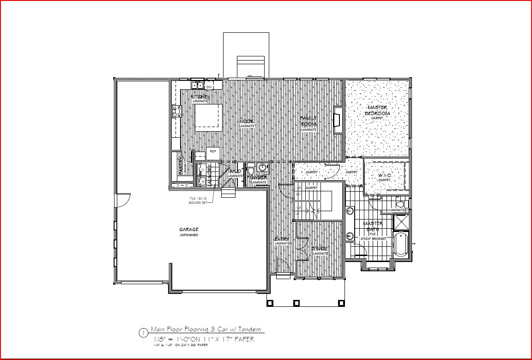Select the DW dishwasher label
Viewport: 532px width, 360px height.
[209, 87]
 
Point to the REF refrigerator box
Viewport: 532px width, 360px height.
[213, 151]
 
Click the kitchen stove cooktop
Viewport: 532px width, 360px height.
[176, 111]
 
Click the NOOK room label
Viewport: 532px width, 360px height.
[247, 122]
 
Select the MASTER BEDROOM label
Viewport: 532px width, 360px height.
[377, 110]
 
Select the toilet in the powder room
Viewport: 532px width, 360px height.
[251, 168]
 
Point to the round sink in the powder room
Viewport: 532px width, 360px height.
[263, 167]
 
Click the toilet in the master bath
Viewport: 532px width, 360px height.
[400, 204]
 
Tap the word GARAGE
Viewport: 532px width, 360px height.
[189, 230]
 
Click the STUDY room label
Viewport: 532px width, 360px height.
[320, 249]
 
